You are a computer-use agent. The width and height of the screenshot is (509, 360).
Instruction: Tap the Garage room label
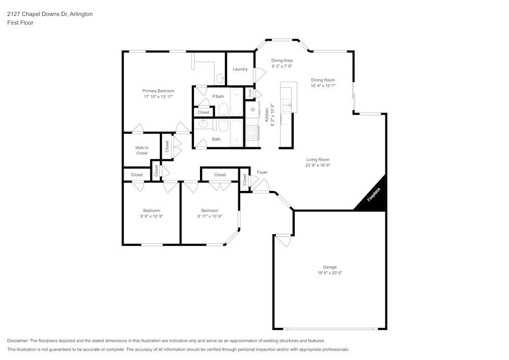pos(329,267)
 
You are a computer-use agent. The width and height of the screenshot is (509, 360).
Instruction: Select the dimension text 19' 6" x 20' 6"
pos(329,273)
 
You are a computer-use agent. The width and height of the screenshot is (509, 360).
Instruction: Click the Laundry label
pos(240,69)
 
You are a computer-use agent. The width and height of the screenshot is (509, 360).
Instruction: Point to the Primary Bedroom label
pos(158,91)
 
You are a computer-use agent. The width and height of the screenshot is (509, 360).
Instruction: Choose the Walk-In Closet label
pos(142,150)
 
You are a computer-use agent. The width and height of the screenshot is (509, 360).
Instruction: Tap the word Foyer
pos(262,172)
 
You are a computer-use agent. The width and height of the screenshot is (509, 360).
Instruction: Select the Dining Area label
pos(281,60)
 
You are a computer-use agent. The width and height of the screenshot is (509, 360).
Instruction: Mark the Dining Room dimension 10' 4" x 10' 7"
pos(323,86)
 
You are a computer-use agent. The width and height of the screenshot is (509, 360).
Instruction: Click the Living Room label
pos(318,159)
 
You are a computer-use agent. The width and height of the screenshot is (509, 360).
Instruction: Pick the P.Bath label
pos(218,96)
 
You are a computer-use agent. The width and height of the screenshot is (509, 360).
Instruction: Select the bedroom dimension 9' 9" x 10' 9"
pos(151,216)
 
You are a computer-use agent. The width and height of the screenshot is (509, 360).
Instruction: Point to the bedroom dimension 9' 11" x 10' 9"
pos(209,216)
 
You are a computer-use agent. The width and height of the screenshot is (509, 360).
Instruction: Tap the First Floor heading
pos(20,23)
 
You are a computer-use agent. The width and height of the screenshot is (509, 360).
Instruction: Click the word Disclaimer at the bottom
pos(18,340)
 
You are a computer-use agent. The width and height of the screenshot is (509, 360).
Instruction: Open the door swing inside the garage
pos(283,239)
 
